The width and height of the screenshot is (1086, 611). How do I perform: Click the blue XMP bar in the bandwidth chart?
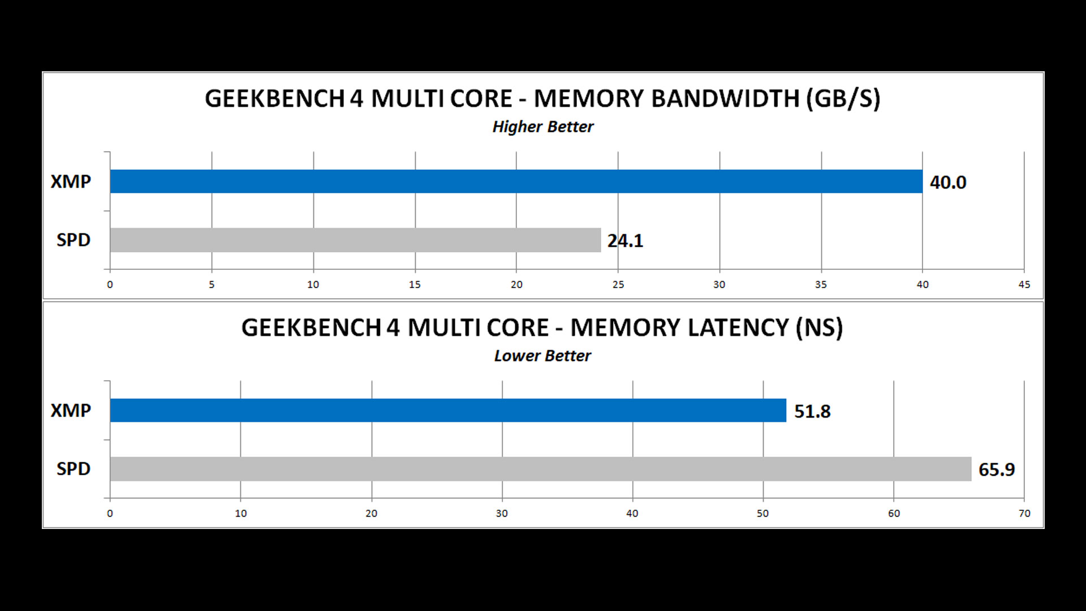516,181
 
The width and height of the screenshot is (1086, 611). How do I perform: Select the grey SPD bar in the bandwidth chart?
355,240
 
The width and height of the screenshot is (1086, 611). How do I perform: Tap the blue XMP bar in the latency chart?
448,410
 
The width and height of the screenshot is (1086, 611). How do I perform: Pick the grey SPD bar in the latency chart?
540,469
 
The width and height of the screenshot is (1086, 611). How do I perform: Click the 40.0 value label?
948,182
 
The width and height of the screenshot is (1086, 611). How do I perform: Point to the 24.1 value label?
625,241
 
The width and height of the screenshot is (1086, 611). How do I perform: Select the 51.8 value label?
812,411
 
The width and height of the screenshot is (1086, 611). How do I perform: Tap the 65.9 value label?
997,470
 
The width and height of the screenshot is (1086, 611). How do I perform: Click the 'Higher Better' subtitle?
543,127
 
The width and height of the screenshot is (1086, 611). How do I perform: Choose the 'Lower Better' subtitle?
542,356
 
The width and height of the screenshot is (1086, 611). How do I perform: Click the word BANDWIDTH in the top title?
725,99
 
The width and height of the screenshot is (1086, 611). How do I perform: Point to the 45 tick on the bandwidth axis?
1024,285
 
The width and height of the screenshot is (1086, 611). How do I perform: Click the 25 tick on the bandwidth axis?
618,285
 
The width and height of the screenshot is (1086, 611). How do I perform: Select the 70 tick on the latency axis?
1024,514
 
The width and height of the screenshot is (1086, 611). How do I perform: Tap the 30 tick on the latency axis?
502,514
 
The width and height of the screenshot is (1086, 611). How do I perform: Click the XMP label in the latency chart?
71,410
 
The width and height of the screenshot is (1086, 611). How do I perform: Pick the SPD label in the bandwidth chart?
74,240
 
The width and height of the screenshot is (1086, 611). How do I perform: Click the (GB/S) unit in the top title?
843,99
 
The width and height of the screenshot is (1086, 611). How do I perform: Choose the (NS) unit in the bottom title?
819,328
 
